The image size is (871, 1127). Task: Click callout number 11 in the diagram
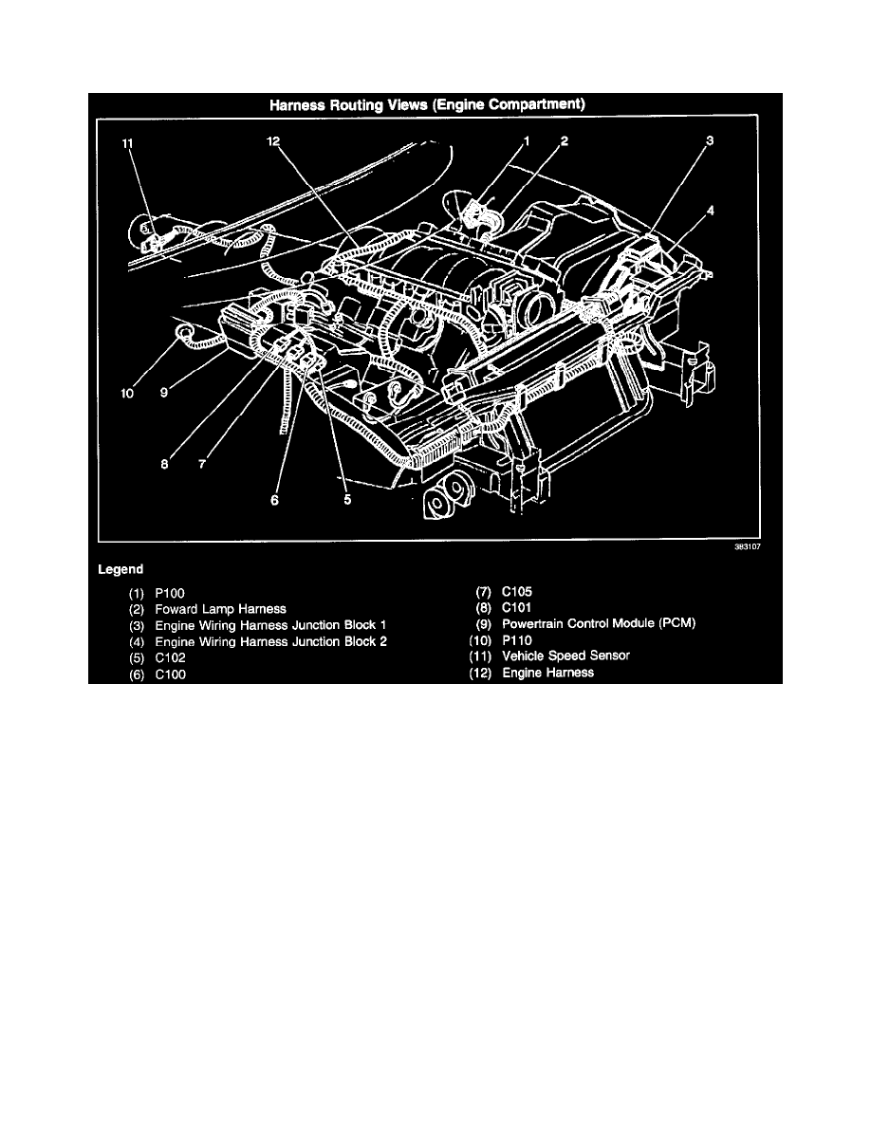point(127,144)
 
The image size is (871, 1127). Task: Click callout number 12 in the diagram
point(273,141)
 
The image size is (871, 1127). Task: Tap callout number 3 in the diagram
point(710,140)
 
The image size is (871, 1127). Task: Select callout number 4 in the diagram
point(710,211)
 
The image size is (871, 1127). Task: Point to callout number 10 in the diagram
point(127,393)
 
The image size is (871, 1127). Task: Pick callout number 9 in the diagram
point(164,393)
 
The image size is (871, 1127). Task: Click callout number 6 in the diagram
point(274,500)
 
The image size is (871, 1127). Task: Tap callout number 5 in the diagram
point(347,500)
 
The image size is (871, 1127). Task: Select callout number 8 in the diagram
point(164,464)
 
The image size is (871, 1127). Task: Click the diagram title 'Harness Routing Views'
point(348,105)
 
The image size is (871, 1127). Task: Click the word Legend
point(120,569)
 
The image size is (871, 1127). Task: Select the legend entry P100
point(170,594)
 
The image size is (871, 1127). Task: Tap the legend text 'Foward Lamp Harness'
point(221,609)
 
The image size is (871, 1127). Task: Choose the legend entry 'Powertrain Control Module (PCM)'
point(599,624)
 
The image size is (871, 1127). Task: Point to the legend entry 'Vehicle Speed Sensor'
point(565,656)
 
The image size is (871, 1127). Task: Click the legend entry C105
point(517,592)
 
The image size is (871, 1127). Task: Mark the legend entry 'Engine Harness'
point(547,674)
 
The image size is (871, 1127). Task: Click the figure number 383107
point(748,547)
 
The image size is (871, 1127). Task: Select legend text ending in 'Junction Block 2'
point(271,642)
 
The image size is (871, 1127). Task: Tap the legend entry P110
point(517,640)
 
